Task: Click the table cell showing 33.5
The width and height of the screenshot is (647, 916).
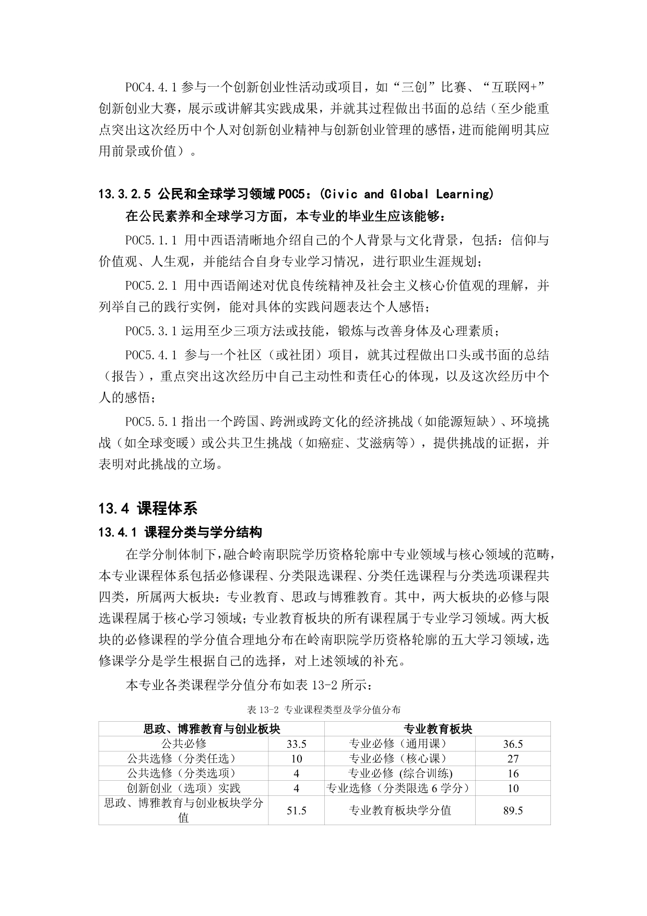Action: (296, 744)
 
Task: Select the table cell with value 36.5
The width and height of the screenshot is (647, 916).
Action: (513, 744)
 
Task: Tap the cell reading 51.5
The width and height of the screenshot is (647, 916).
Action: (296, 810)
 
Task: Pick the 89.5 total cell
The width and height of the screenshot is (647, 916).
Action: (513, 810)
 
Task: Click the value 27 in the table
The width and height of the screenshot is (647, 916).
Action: (513, 758)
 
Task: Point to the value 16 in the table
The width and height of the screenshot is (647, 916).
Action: (513, 773)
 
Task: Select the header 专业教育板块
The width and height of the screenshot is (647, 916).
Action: (438, 729)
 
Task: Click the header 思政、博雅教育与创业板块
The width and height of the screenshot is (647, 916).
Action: (211, 729)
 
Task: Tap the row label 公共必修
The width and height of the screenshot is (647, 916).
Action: (183, 744)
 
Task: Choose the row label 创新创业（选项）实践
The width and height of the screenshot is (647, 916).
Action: (183, 788)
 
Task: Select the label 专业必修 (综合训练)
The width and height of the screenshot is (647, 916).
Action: (400, 773)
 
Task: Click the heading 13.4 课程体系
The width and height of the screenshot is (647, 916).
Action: (148, 508)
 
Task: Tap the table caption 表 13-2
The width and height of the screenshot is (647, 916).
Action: (264, 709)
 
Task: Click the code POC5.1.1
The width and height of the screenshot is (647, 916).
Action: (151, 240)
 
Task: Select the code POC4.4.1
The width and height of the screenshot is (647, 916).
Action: (151, 87)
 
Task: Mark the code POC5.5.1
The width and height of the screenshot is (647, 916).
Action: (151, 421)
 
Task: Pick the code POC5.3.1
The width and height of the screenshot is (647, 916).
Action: (151, 331)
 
